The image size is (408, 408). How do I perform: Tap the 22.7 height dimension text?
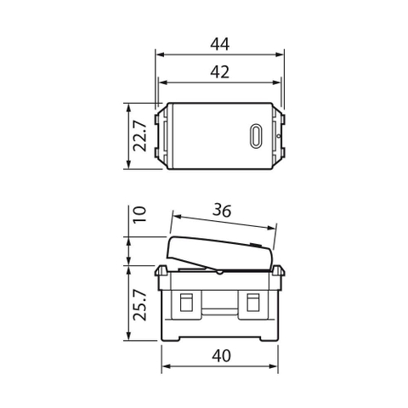click(x=140, y=136)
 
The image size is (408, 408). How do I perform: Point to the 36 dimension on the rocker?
click(x=223, y=209)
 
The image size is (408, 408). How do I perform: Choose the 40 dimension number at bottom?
click(x=220, y=357)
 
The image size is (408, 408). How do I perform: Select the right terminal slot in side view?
click(x=252, y=303)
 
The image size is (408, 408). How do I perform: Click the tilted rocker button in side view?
click(x=221, y=248)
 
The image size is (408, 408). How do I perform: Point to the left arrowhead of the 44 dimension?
click(x=159, y=53)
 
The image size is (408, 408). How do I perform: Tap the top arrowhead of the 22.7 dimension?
click(x=127, y=107)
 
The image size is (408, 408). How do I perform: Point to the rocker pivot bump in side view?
click(x=220, y=273)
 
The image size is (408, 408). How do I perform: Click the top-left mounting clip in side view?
click(x=161, y=271)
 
